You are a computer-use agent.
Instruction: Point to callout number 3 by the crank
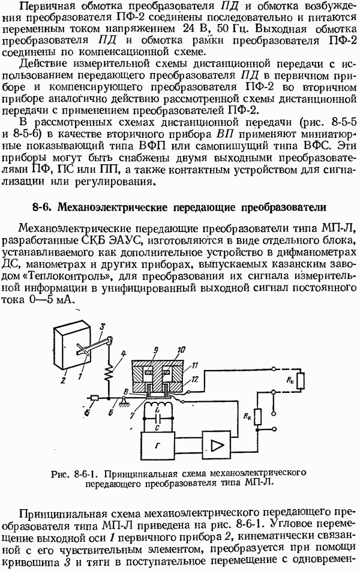click(x=103, y=325)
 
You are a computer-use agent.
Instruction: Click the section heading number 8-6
click(x=43, y=208)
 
